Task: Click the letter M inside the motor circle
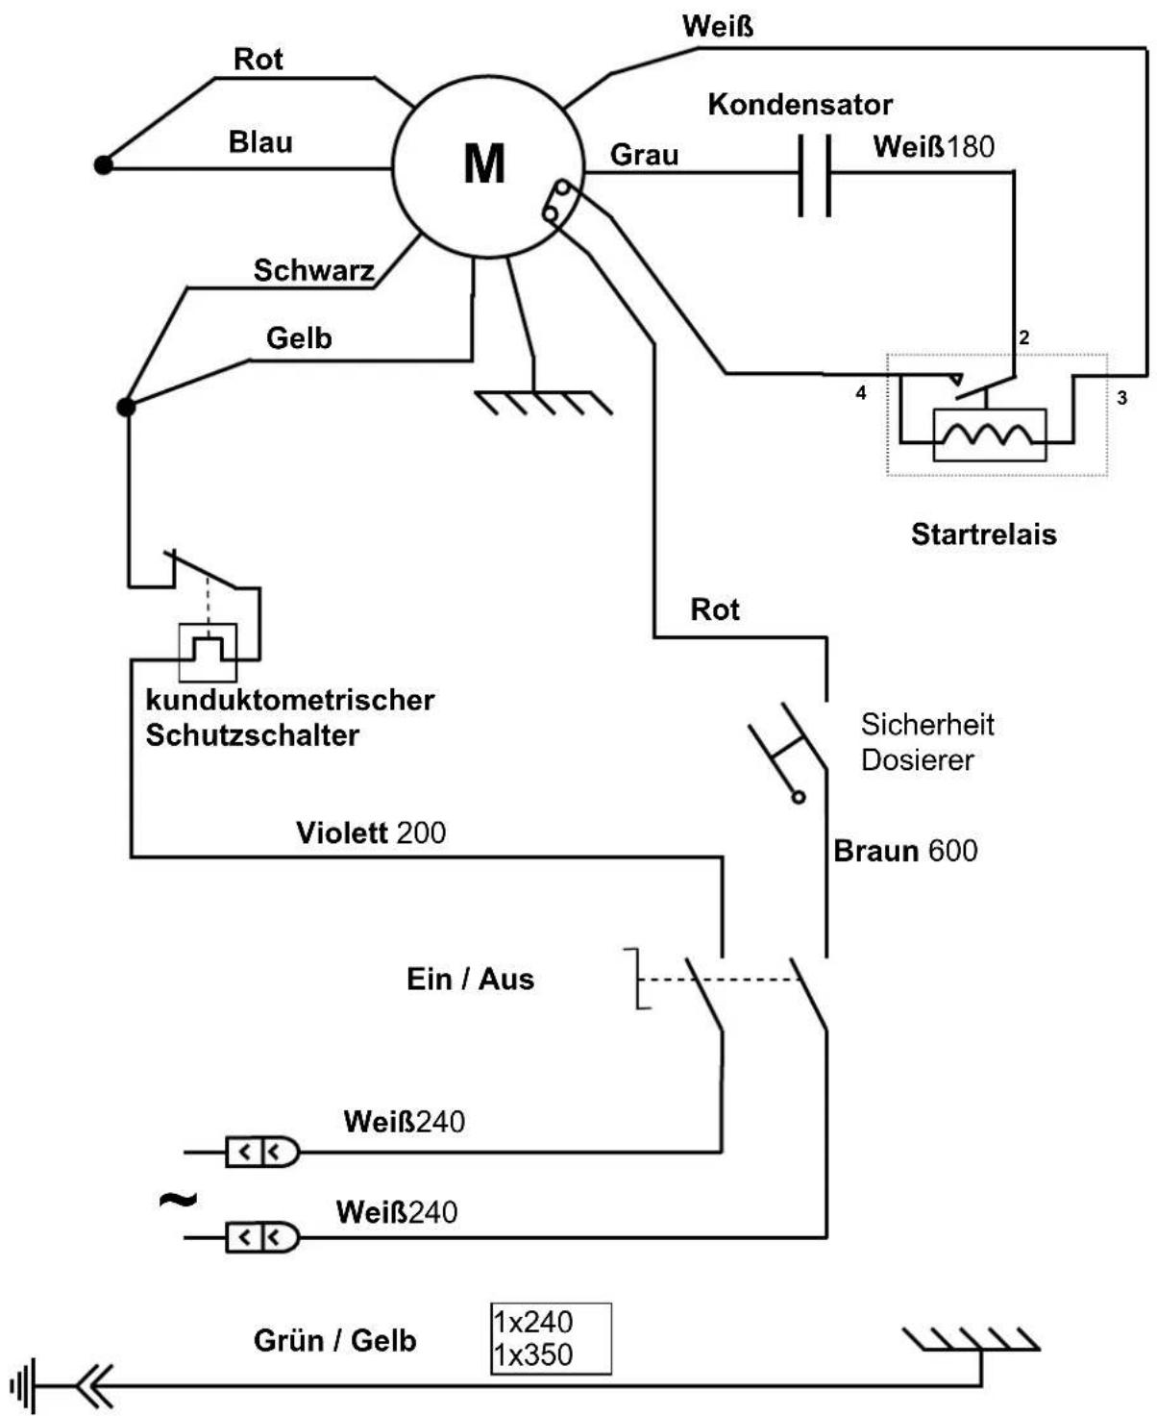[484, 163]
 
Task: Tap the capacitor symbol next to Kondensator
[814, 175]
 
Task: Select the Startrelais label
[983, 534]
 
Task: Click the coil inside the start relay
[989, 435]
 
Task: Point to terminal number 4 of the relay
[861, 393]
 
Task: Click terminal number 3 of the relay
[1121, 398]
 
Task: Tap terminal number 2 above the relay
[1023, 337]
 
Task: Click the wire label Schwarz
[313, 270]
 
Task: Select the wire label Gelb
[299, 337]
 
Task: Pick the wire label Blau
[260, 141]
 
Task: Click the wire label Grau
[644, 155]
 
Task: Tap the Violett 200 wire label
[371, 832]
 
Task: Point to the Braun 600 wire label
[905, 851]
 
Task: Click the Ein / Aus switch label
[471, 979]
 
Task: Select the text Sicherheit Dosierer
[927, 742]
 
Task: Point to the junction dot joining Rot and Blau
[104, 164]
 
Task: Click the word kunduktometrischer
[290, 700]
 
